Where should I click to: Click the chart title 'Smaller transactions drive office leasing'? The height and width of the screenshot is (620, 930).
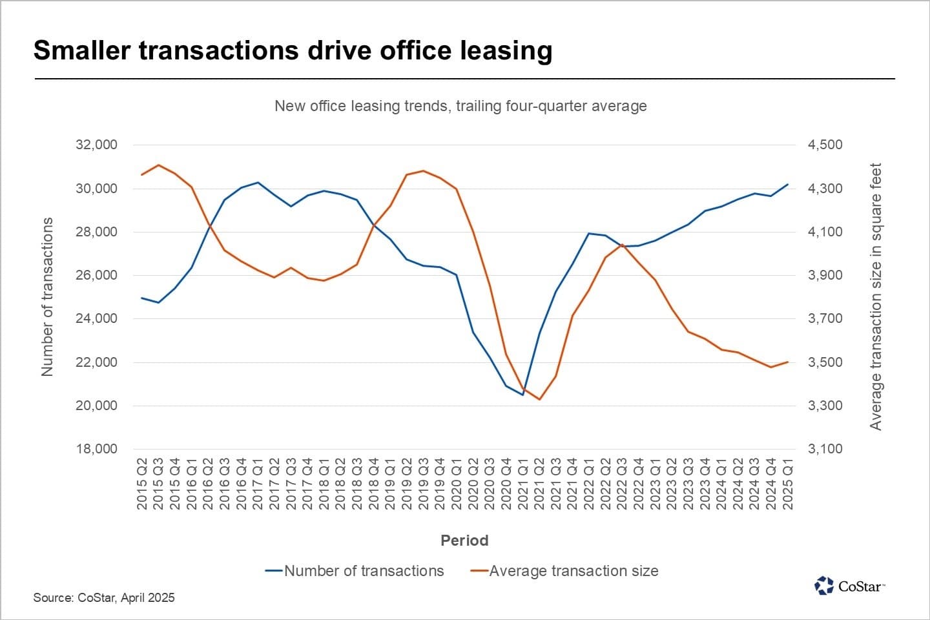tap(293, 50)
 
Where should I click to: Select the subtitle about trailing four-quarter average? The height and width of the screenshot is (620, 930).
tap(460, 106)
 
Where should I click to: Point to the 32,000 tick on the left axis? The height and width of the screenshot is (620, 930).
tap(96, 145)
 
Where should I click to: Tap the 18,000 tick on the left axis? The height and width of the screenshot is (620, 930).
tap(96, 449)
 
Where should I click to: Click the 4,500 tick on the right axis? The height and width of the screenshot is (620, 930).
tap(825, 145)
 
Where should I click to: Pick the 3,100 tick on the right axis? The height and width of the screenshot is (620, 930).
tap(825, 449)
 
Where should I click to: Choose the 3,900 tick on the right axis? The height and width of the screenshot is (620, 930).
tap(825, 275)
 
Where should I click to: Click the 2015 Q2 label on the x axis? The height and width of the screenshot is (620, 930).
tap(142, 484)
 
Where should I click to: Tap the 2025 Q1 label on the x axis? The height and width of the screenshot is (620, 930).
tap(788, 484)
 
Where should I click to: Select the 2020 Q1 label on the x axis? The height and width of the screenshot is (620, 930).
tap(457, 484)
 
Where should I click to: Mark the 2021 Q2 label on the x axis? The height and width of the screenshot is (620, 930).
tap(539, 484)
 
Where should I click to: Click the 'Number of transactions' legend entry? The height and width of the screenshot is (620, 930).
tap(355, 571)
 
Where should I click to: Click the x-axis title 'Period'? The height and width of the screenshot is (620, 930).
tap(464, 541)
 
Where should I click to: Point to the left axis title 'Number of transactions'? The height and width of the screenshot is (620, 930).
tap(47, 296)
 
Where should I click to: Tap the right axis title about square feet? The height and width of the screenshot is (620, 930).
tap(876, 296)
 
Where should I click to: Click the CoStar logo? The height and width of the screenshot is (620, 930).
tap(849, 586)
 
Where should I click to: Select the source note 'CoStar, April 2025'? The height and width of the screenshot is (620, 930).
tap(104, 597)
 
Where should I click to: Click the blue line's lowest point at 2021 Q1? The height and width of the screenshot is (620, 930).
tap(522, 395)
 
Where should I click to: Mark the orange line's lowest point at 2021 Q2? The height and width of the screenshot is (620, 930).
tap(539, 399)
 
